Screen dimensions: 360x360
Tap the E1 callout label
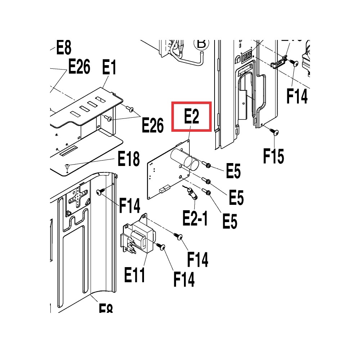(109, 68)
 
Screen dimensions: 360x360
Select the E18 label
(129, 158)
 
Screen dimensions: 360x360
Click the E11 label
(135, 275)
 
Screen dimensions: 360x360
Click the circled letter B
(201, 44)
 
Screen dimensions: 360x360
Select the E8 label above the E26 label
(64, 48)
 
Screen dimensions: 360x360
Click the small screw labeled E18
(67, 166)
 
